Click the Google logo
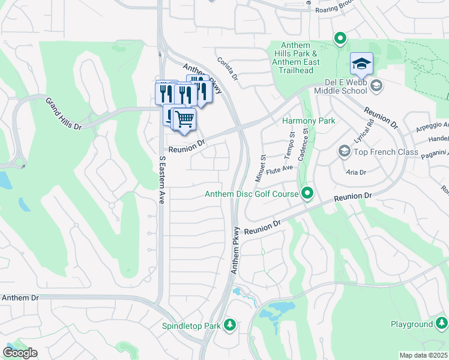[20, 353]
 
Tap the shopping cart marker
[184, 118]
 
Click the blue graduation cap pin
[362, 64]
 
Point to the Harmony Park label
[308, 121]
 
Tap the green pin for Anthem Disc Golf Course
[307, 193]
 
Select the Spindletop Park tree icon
[229, 325]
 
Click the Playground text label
[411, 324]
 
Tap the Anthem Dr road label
[20, 298]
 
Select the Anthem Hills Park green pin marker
[340, 40]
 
